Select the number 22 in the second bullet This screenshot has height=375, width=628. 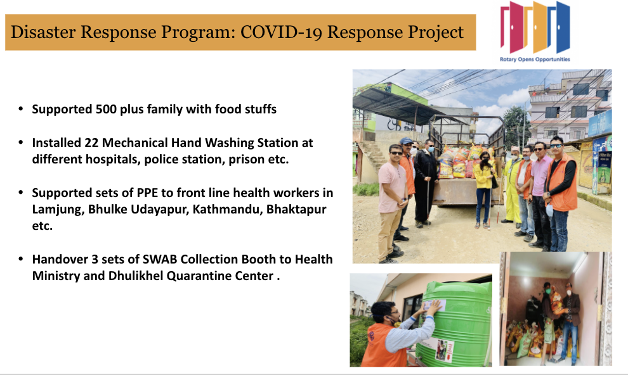(x=92, y=143)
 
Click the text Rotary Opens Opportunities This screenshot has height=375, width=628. (x=535, y=59)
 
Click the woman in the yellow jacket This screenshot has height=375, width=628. (x=483, y=189)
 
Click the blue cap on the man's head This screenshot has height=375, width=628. (x=406, y=141)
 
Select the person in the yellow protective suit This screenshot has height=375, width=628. (x=512, y=186)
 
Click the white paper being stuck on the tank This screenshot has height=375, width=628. (x=434, y=306)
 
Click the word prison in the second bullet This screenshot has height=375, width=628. (x=247, y=160)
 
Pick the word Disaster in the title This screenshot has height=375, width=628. (x=43, y=32)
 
